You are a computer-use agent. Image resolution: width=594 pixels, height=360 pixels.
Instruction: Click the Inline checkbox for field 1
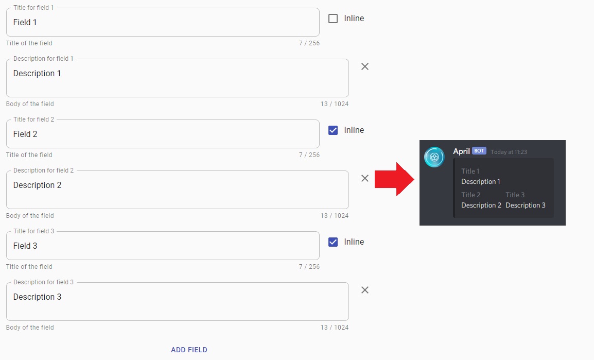333,19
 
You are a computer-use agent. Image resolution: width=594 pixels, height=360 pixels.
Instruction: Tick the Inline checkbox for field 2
333,130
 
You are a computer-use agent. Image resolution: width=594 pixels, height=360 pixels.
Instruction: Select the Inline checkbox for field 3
333,242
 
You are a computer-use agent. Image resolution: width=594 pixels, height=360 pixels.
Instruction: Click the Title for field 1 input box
163,22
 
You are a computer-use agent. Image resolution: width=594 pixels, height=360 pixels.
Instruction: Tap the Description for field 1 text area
177,78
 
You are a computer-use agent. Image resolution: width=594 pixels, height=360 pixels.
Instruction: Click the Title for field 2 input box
163,134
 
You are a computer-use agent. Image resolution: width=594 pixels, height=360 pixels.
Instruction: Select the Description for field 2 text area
177,190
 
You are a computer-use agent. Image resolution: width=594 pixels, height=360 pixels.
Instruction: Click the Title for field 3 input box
163,246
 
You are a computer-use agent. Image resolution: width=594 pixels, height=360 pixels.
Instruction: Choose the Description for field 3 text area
177,302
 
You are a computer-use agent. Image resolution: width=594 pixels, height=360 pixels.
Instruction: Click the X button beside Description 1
365,66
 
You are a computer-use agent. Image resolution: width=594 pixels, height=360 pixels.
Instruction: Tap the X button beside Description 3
365,290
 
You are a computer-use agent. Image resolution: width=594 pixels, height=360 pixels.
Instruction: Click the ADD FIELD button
189,350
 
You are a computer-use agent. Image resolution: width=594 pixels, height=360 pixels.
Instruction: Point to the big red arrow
394,179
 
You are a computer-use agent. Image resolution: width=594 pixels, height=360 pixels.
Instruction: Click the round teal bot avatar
434,157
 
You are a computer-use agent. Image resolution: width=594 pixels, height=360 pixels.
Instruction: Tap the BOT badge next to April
479,151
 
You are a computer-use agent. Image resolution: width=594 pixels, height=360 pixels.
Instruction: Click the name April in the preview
461,151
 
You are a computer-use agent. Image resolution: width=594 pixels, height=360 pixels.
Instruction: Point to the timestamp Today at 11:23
509,152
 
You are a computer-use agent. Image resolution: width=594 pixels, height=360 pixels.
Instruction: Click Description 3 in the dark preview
526,205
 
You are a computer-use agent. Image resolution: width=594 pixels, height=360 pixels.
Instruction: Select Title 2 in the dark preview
471,195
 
